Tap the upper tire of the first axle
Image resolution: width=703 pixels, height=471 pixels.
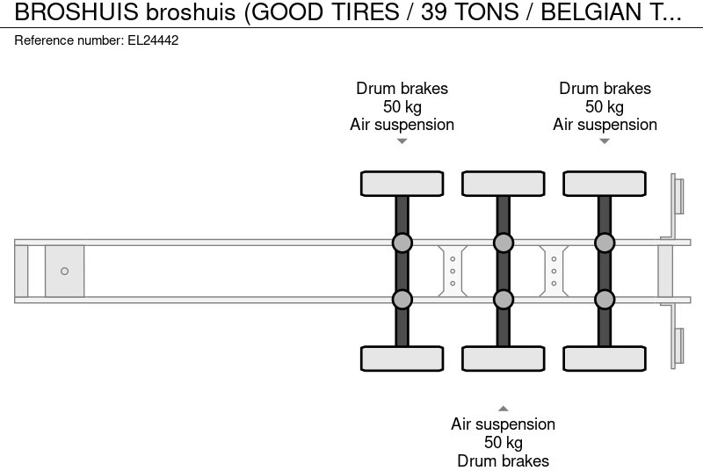coord(402,184)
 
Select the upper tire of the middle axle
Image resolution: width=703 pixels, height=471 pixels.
coord(503,184)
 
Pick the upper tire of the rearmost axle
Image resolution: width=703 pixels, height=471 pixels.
coord(605,184)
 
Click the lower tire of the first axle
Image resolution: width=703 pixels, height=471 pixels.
coord(402,359)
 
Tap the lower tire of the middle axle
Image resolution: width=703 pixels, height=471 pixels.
coord(503,359)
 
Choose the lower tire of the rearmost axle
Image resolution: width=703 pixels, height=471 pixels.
coord(605,359)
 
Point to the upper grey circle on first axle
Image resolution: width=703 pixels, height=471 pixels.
coord(402,243)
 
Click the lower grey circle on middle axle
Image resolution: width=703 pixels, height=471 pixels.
coord(503,300)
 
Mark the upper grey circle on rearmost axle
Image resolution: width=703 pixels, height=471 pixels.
coord(605,243)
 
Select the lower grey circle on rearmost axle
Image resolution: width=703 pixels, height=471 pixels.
coord(605,300)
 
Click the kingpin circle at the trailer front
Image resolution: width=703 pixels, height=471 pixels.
coord(64,272)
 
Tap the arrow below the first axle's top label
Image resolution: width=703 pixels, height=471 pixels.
coord(402,141)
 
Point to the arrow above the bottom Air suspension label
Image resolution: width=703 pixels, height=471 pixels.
coord(503,408)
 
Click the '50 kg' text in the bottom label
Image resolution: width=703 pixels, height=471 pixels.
coord(503,442)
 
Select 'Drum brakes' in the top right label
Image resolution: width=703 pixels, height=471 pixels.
coord(605,89)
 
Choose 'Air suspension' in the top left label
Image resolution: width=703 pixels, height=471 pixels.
coord(402,124)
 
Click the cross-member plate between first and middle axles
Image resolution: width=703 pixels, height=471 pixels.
coord(452,271)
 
